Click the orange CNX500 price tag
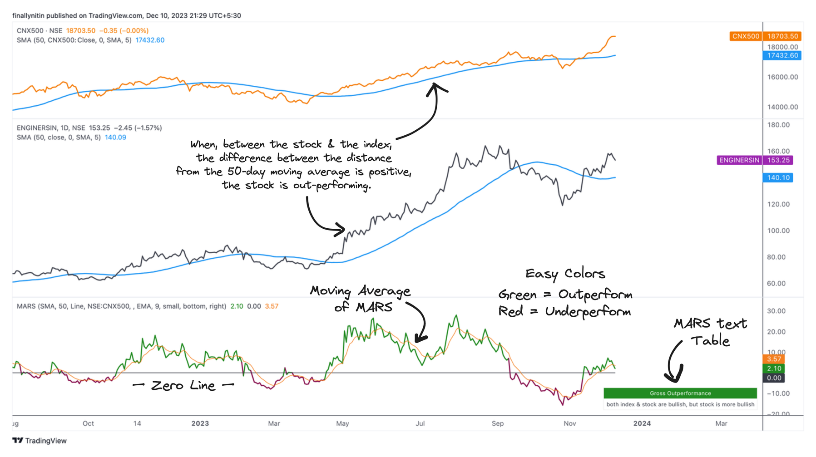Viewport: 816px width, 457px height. pyautogui.click(x=745, y=36)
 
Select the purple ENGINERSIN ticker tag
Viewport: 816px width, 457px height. pyautogui.click(x=739, y=160)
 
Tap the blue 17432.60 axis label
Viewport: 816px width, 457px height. pyautogui.click(x=782, y=55)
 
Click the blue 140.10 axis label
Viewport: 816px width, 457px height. pyautogui.click(x=778, y=178)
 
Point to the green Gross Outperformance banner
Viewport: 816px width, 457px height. pyautogui.click(x=680, y=393)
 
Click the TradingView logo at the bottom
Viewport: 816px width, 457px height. pyautogui.click(x=40, y=441)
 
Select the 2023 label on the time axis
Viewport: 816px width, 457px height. pyautogui.click(x=200, y=423)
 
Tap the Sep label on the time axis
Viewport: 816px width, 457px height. pyautogui.click(x=497, y=423)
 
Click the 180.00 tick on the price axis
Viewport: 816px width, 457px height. pyautogui.click(x=778, y=125)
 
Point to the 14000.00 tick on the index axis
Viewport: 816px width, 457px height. pyautogui.click(x=782, y=107)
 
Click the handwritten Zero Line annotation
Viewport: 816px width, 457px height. pyautogui.click(x=183, y=386)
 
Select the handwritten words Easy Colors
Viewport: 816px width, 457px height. pyautogui.click(x=565, y=274)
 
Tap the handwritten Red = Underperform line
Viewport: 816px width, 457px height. pyautogui.click(x=564, y=312)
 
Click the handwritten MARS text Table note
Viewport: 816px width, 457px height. pyautogui.click(x=710, y=332)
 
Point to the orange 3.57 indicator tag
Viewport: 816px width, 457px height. pyautogui.click(x=774, y=359)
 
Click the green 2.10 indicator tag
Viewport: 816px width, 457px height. pyautogui.click(x=774, y=369)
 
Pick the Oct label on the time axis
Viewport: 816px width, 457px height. pyautogui.click(x=88, y=423)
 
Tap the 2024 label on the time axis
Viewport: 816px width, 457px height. pyautogui.click(x=642, y=423)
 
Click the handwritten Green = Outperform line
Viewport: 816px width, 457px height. pyautogui.click(x=565, y=295)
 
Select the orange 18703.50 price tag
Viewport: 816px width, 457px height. pyautogui.click(x=782, y=36)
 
